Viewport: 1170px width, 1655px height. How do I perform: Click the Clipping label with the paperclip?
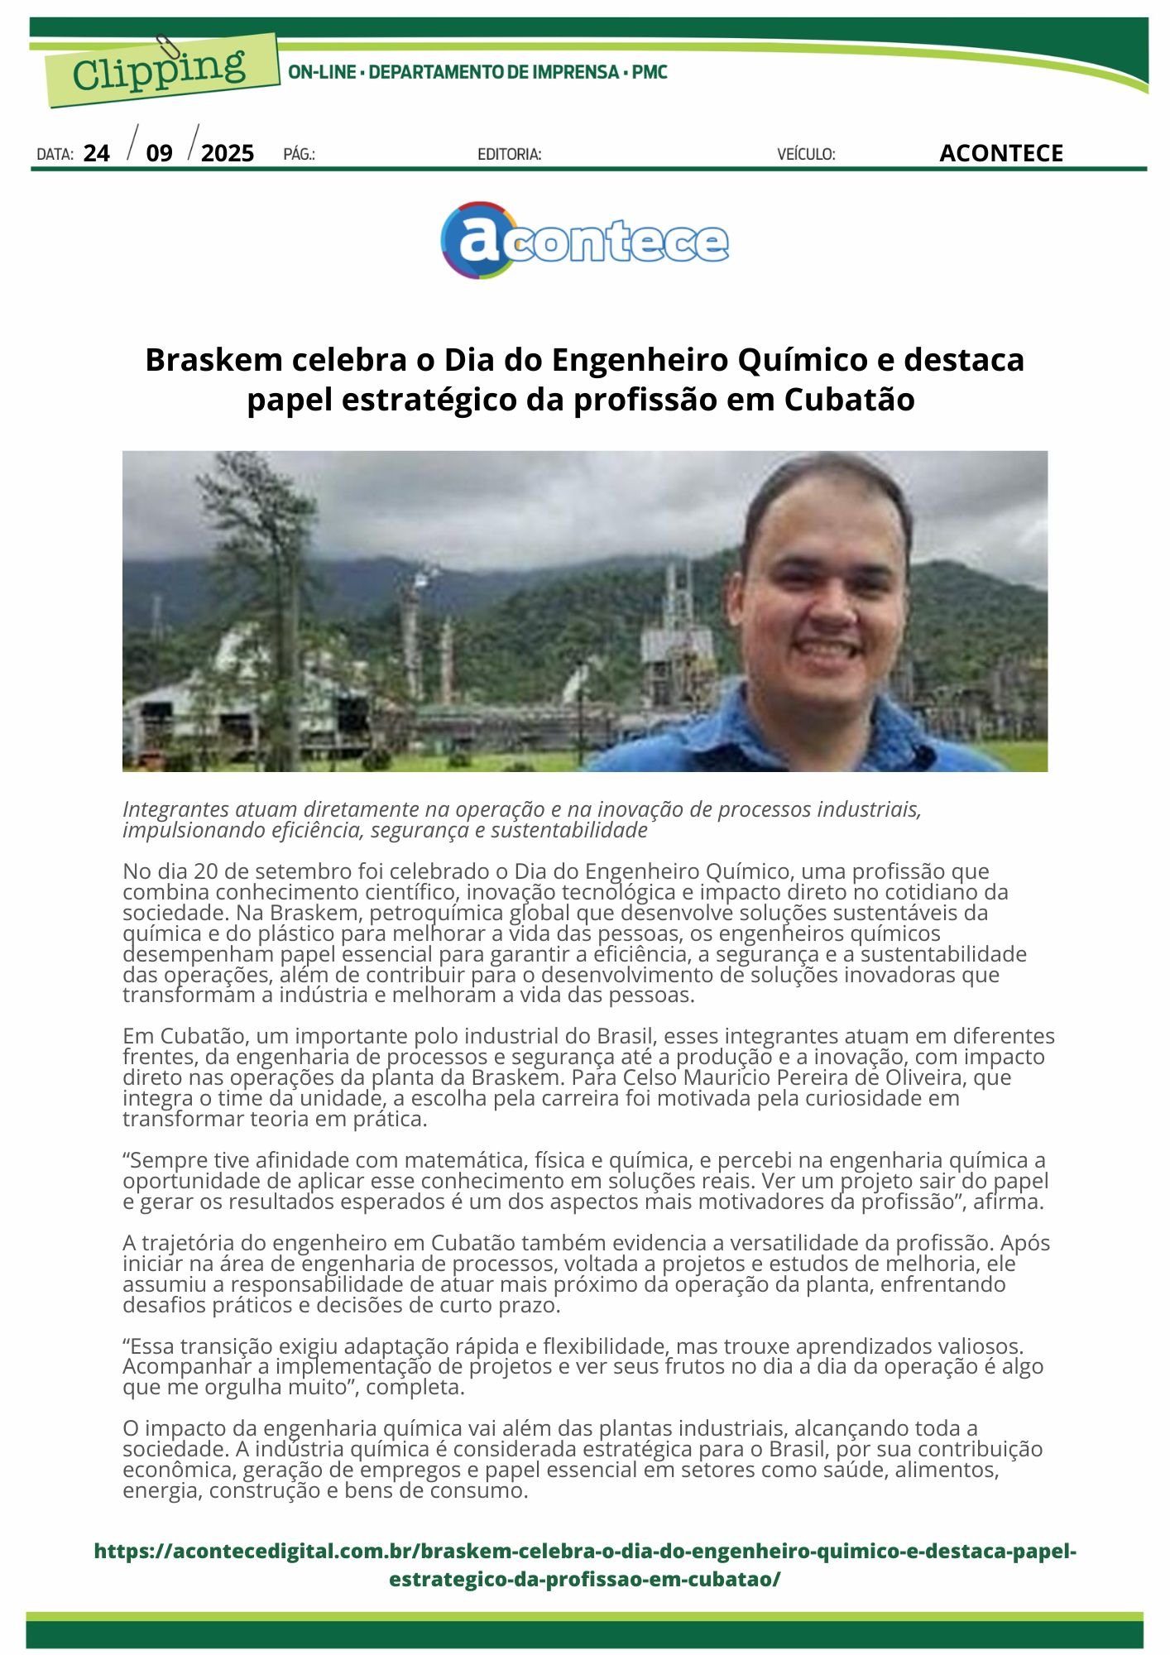click(x=160, y=70)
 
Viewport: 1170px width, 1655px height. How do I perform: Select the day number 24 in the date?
click(x=97, y=154)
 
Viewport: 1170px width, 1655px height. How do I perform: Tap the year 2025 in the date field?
click(x=228, y=154)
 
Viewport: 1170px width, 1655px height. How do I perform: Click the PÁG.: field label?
click(x=299, y=155)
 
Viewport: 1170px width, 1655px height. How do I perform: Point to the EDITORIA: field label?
click(x=509, y=155)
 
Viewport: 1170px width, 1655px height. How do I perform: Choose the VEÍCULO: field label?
click(x=806, y=155)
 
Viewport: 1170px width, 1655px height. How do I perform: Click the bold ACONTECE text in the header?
click(x=1000, y=154)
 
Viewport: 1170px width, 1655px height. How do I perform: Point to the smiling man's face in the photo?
click(x=827, y=596)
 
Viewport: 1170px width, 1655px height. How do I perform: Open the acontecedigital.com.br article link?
click(x=585, y=1564)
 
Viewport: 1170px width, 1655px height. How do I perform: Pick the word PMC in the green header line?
click(x=650, y=73)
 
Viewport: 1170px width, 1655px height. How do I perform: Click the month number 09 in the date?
click(x=160, y=154)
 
